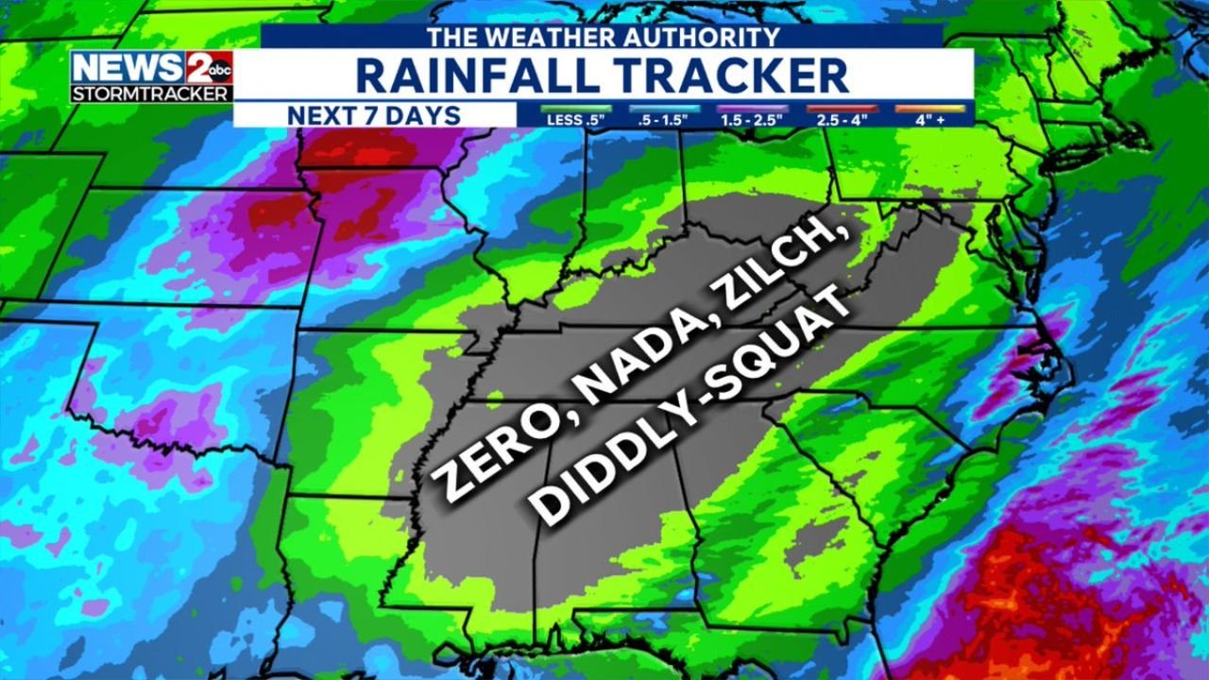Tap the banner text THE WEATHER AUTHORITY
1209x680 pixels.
click(603, 37)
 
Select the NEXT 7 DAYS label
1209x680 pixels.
click(374, 115)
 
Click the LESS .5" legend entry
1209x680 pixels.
click(576, 119)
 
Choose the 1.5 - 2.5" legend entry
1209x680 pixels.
click(752, 119)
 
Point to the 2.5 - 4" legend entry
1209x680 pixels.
click(842, 119)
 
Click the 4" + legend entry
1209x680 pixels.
click(930, 119)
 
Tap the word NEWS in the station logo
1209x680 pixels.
click(128, 68)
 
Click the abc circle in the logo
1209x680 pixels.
click(219, 70)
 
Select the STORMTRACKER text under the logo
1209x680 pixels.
click(151, 93)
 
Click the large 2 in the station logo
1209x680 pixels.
click(196, 68)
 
